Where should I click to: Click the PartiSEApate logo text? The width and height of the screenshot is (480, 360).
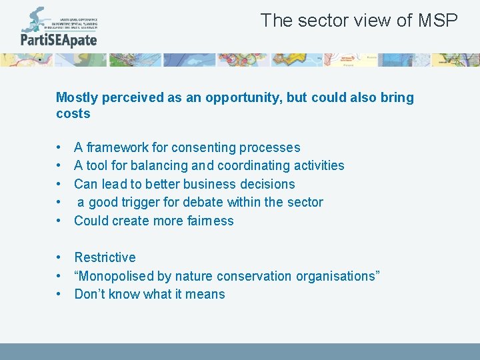59,40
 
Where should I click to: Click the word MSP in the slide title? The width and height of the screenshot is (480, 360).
438,21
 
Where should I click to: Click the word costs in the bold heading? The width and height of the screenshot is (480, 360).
73,114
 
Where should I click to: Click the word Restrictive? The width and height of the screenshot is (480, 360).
105,257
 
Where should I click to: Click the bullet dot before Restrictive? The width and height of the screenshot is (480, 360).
59,257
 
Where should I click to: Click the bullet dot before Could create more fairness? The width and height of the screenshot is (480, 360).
59,221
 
